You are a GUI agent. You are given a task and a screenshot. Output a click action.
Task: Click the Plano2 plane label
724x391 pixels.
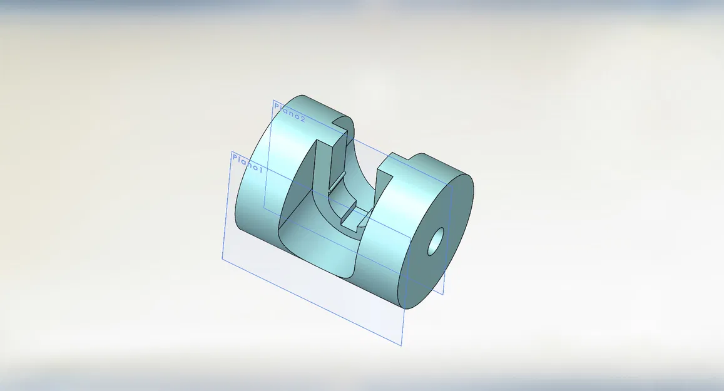click(290, 113)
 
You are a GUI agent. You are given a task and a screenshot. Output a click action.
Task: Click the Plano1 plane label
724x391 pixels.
click(248, 163)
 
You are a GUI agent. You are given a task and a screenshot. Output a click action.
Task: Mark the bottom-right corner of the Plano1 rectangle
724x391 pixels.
click(400, 345)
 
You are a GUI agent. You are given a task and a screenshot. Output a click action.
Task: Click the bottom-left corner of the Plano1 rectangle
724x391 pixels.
click(222, 257)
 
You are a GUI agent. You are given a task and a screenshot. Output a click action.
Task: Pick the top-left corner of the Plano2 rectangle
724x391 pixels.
click(273, 101)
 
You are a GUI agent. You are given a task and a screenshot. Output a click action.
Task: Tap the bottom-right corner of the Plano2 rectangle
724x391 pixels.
click(443, 294)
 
